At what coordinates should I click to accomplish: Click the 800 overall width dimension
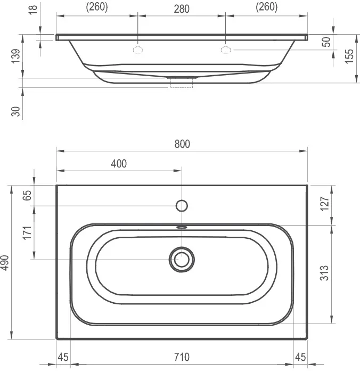tap(182, 144)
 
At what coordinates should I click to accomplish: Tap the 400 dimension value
tap(119, 164)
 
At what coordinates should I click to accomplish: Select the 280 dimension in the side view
tap(182, 9)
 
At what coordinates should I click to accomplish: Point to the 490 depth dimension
tap(5, 262)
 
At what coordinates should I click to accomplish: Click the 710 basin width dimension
tap(182, 357)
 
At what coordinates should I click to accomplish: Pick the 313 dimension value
tap(324, 273)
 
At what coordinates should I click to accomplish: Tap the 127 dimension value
tap(325, 204)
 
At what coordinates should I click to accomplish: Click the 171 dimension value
tap(27, 233)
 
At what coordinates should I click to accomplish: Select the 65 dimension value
tap(27, 196)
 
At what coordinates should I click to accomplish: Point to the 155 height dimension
tap(349, 56)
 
